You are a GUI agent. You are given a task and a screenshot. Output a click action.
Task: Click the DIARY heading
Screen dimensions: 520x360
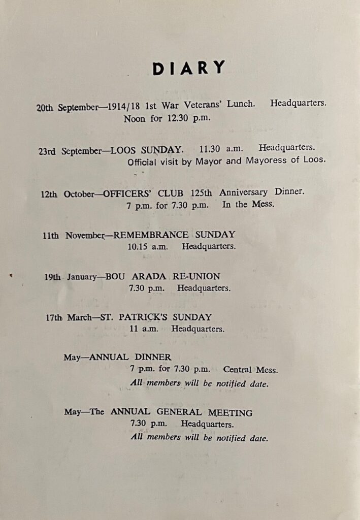pyautogui.click(x=188, y=68)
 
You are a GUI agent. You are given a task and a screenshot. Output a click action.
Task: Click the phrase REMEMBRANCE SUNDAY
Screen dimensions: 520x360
pyautogui.click(x=175, y=235)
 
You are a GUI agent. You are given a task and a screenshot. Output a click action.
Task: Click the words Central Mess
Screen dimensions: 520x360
pyautogui.click(x=250, y=370)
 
